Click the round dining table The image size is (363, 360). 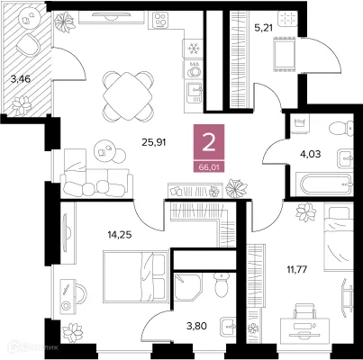click(124, 90)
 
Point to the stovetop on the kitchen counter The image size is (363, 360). click(163, 20)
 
